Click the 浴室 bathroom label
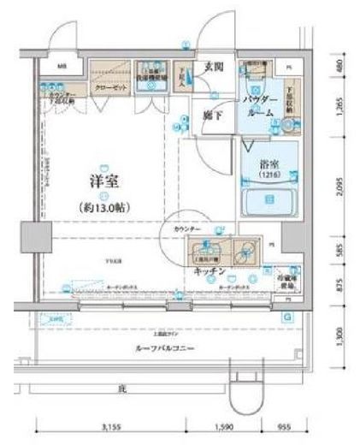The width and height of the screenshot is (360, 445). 270,158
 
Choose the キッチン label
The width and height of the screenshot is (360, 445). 210,271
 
